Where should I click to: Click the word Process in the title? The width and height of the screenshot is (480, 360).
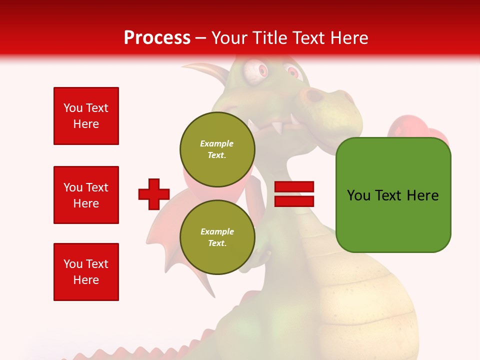pyautogui.click(x=157, y=38)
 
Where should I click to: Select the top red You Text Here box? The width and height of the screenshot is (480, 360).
pyautogui.click(x=86, y=116)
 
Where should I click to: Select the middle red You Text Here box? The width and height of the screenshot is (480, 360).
pyautogui.click(x=86, y=195)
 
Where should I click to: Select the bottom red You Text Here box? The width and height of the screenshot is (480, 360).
pyautogui.click(x=86, y=271)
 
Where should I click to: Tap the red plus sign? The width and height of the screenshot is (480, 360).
pyautogui.click(x=153, y=194)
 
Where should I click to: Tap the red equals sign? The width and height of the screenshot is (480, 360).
pyautogui.click(x=294, y=194)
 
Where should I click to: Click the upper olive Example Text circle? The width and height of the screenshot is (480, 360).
pyautogui.click(x=217, y=149)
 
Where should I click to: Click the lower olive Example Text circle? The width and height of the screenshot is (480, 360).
pyautogui.click(x=217, y=237)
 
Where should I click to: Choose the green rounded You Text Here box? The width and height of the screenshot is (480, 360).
pyautogui.click(x=393, y=195)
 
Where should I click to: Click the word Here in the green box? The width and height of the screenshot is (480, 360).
pyautogui.click(x=422, y=195)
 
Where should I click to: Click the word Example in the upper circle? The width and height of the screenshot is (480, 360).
pyautogui.click(x=216, y=143)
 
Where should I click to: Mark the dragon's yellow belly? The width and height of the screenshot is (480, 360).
pyautogui.click(x=360, y=300)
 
